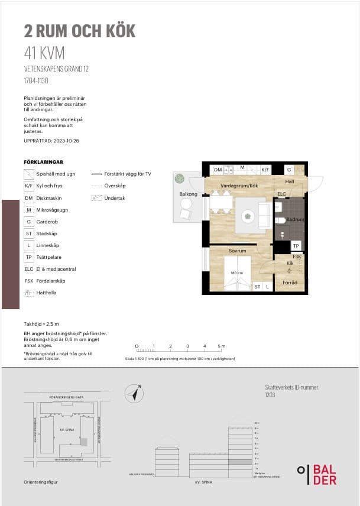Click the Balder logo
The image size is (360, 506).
tap(317, 474)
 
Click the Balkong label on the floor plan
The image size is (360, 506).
tap(188, 194)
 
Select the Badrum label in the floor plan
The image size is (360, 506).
tap(294, 219)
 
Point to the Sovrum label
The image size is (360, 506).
tap(237, 251)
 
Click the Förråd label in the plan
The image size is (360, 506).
tap(290, 283)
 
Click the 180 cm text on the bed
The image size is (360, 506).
tap(236, 273)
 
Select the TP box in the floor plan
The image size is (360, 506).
tap(296, 246)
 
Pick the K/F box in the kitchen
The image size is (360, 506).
tap(265, 170)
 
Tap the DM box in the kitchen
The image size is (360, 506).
tap(218, 170)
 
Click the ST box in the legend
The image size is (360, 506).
tap(28, 233)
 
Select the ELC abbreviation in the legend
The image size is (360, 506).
tap(28, 269)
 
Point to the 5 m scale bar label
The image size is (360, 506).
tap(221, 346)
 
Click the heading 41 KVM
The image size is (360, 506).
tap(44, 53)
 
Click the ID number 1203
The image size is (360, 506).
tap(270, 394)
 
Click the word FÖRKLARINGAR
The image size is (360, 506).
tap(43, 161)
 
